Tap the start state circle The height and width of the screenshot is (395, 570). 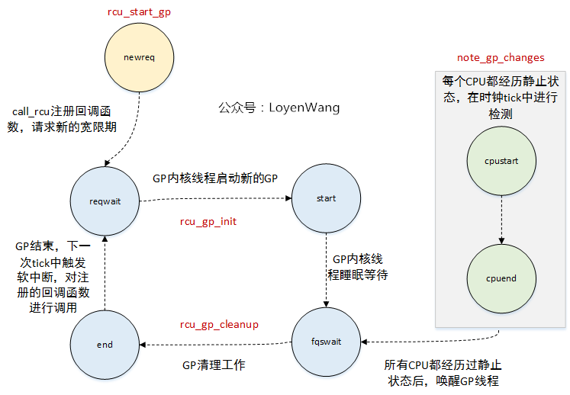[326, 198]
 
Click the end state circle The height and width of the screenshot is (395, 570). [105, 344]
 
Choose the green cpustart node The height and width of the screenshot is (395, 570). [501, 161]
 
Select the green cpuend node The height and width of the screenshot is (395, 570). [501, 278]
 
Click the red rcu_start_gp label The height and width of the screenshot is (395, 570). [138, 12]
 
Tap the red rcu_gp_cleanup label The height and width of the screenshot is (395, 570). [219, 324]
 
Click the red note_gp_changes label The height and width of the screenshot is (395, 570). [501, 58]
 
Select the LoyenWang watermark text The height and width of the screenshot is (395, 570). [279, 108]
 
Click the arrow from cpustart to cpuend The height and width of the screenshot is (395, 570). [501, 220]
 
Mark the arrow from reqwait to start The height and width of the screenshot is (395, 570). [215, 200]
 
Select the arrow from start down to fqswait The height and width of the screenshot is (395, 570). [327, 271]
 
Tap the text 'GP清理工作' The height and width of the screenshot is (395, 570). [214, 365]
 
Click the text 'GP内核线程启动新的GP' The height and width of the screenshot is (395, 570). [215, 178]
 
